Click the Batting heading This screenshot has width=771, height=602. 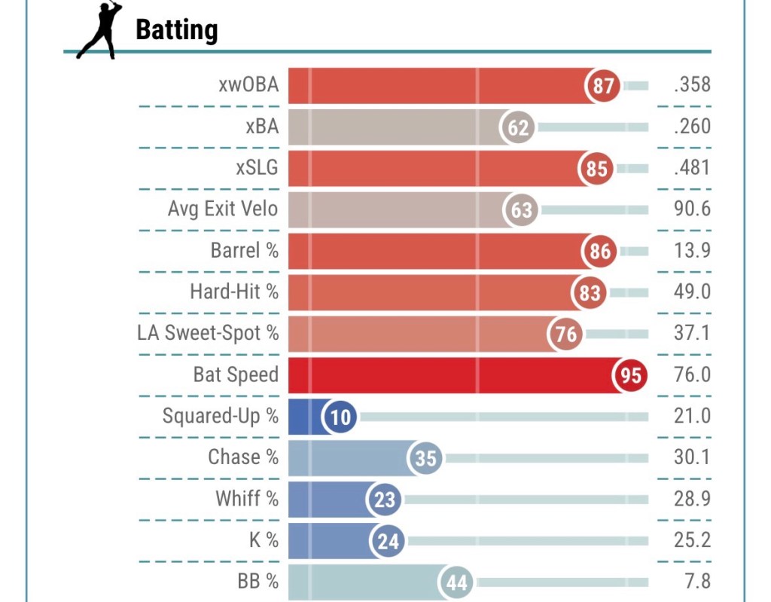click(176, 30)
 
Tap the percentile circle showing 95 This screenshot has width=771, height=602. click(631, 374)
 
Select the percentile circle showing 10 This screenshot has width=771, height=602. click(341, 416)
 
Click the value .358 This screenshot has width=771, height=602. click(692, 85)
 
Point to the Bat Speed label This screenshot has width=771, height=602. click(236, 374)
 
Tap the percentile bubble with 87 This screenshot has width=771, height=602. click(603, 86)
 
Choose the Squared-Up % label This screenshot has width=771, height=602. click(220, 416)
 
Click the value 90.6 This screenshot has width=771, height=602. click(692, 209)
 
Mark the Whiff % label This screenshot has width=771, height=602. click(246, 499)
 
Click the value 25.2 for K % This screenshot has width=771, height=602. click(692, 540)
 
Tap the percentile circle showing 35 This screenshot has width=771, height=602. click(426, 457)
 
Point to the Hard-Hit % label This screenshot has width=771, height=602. click(233, 292)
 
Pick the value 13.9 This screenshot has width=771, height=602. click(692, 250)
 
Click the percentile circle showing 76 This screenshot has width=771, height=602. click(566, 333)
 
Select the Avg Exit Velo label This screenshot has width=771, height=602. click(222, 209)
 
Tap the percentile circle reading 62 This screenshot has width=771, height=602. click(518, 127)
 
